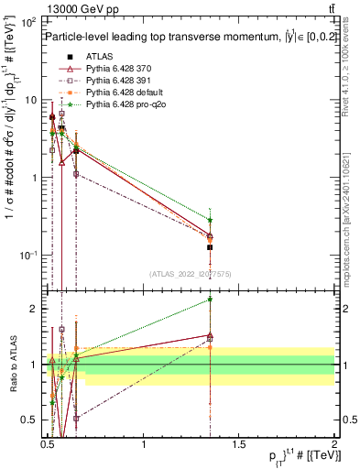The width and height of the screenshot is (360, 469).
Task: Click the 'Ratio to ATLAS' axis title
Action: pyautogui.click(x=11, y=364)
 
